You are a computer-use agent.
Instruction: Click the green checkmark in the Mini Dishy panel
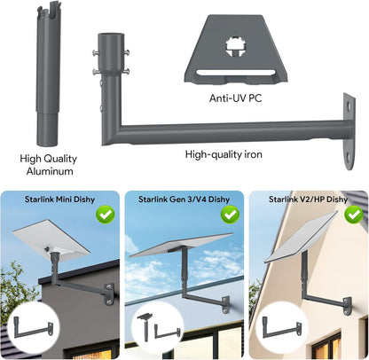[105, 214]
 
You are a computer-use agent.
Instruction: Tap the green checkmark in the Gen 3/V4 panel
[230, 214]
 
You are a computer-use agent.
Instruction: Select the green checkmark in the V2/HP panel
[355, 214]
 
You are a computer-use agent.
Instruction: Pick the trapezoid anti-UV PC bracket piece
[238, 49]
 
